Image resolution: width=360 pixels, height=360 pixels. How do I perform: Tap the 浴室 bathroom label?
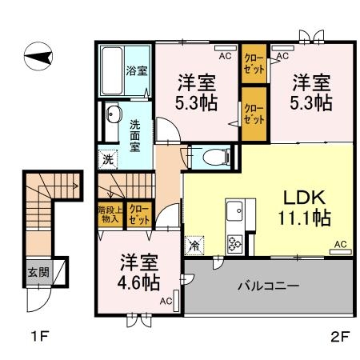[x=136, y=70]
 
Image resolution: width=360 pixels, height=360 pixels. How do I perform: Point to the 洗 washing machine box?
[x=108, y=158]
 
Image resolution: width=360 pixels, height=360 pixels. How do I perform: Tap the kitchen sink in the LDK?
[x=237, y=213]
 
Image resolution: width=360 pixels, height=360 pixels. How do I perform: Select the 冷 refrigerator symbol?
[x=195, y=246]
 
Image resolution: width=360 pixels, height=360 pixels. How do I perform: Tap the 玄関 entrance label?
[x=37, y=272]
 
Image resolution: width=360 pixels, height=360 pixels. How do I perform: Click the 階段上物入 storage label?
[x=109, y=214]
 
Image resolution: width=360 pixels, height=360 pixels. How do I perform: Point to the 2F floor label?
[x=340, y=336]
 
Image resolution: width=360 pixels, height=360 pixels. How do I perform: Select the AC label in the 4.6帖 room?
[x=165, y=301]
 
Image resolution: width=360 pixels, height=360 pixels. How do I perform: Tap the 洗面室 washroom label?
[x=134, y=134]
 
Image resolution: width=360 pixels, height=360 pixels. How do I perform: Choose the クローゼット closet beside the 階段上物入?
[x=139, y=214]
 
